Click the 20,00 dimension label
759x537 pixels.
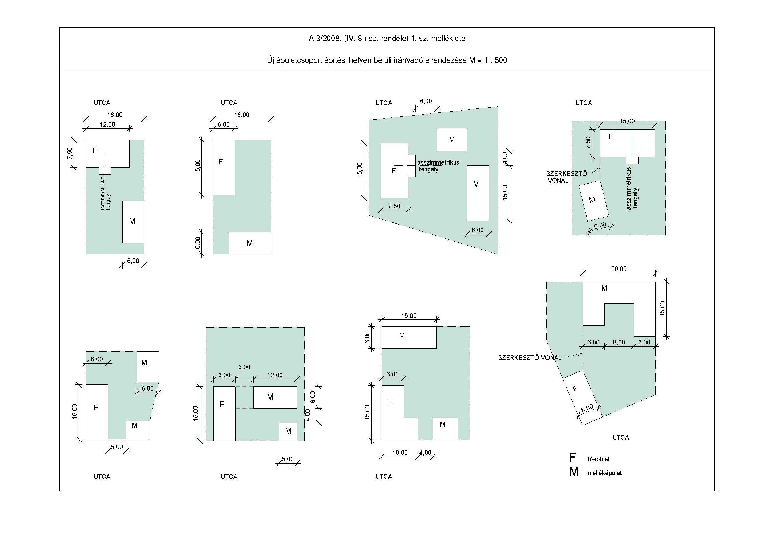click(619, 269)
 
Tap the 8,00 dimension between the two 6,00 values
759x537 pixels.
click(619, 342)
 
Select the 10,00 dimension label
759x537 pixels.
click(400, 452)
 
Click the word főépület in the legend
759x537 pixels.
click(598, 459)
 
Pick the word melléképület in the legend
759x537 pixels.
click(604, 473)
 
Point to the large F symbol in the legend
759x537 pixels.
click(572, 457)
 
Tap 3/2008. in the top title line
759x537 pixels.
click(329, 38)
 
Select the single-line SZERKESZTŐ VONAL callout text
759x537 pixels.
click(530, 357)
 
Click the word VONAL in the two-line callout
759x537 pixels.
click(558, 181)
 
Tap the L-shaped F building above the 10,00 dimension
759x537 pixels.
click(394, 413)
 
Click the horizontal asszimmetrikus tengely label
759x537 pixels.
click(438, 166)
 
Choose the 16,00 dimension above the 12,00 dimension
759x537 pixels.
click(115, 115)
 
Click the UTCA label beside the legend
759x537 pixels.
click(620, 437)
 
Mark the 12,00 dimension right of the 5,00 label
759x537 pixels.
click(275, 375)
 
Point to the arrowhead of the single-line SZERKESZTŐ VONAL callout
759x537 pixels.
click(582, 354)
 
